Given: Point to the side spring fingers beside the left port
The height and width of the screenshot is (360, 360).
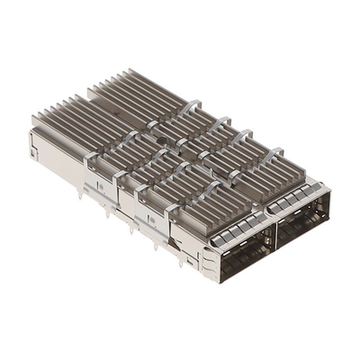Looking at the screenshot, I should [209, 261].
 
